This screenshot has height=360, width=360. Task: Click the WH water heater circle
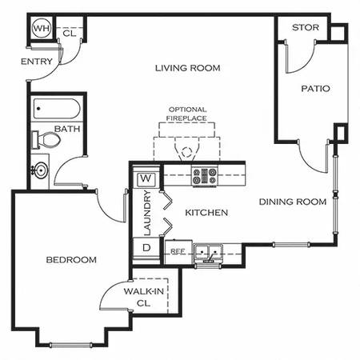[x=42, y=28]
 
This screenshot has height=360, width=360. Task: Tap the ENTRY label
[x=37, y=62]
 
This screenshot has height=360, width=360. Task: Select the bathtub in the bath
[x=57, y=109]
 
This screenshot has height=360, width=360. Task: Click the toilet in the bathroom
[x=46, y=140]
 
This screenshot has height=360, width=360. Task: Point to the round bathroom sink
[x=40, y=170]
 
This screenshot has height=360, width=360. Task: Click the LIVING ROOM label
[x=188, y=68]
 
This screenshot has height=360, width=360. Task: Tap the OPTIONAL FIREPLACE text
[x=187, y=114]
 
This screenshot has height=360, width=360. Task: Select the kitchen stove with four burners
[x=205, y=176]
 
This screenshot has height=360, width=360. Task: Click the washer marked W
[x=146, y=178]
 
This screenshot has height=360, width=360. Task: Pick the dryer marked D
[x=146, y=247]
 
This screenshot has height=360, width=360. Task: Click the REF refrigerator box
[x=178, y=252]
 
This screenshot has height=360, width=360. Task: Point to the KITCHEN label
[x=206, y=213]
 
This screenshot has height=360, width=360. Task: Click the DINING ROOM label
[x=293, y=202]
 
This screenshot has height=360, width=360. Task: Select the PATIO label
[x=315, y=89]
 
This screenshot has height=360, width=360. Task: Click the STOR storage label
[x=306, y=27]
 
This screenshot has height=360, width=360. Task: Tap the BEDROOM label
[x=71, y=260]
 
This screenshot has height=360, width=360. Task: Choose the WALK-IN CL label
[x=144, y=297]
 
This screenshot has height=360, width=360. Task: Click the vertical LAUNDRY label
[x=147, y=213]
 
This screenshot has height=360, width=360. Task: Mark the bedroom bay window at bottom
[x=70, y=345]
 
